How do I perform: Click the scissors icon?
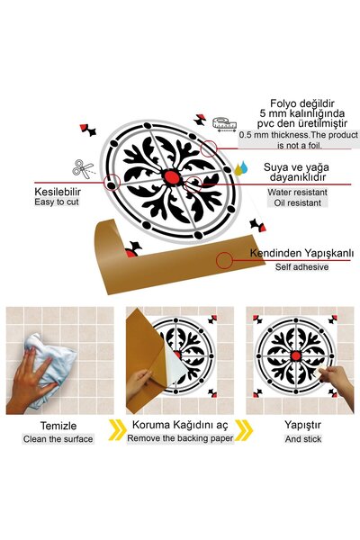(x=83, y=166)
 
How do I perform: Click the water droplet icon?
(x=240, y=168)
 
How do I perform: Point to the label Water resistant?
(x=295, y=192)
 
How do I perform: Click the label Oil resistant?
(x=295, y=203)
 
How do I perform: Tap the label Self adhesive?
(x=300, y=267)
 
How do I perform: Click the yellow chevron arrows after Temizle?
(x=114, y=431)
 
